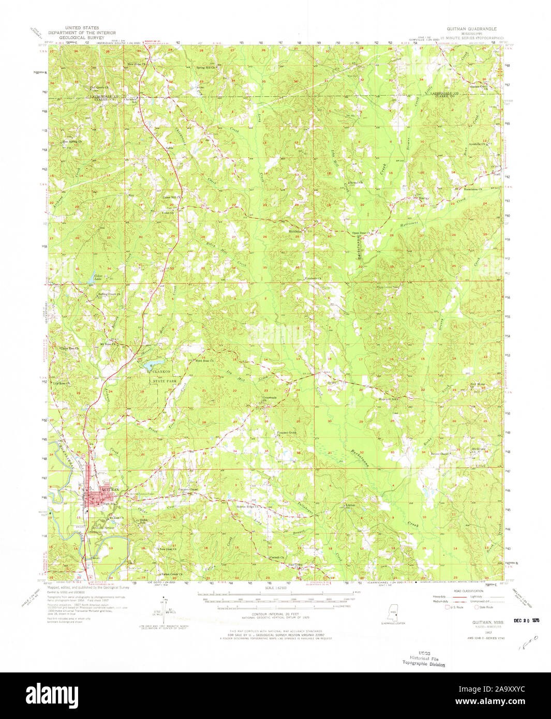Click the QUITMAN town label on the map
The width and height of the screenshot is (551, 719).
click(111, 489)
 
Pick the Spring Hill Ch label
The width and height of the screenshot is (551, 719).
click(205, 68)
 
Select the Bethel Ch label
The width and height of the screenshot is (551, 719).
click(356, 183)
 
